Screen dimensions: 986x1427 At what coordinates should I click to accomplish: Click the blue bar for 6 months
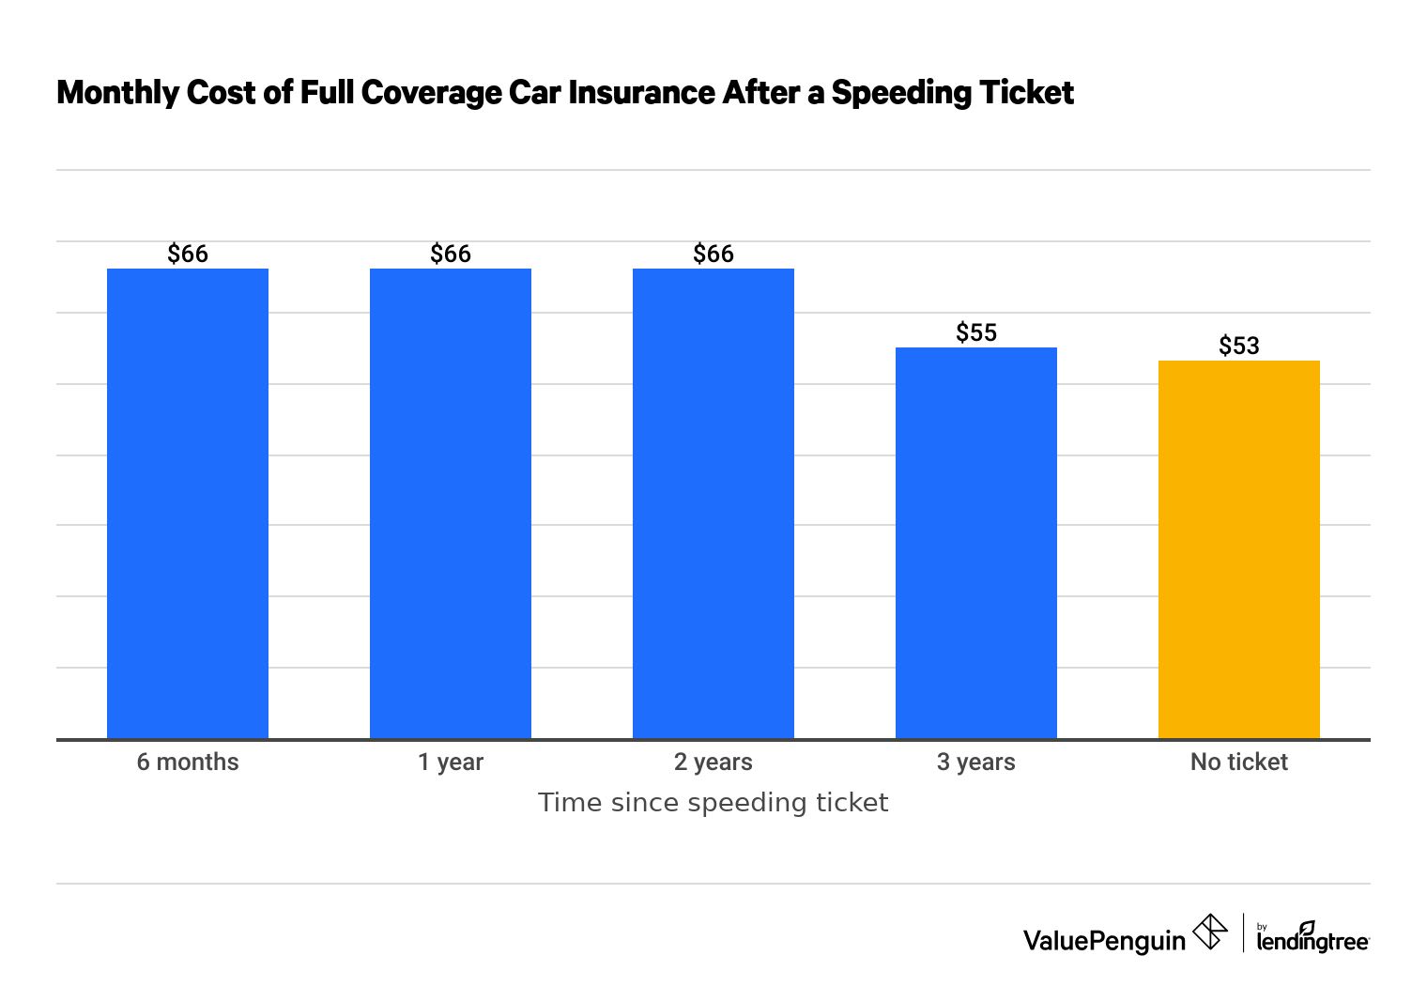click(188, 503)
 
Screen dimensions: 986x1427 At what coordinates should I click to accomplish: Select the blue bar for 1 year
click(451, 503)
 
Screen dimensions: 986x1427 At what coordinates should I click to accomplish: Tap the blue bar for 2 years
click(713, 503)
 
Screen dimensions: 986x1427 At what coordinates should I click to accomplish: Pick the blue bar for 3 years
click(976, 543)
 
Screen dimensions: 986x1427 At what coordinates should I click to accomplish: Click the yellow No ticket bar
click(1239, 549)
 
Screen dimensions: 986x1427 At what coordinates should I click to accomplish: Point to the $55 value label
click(976, 332)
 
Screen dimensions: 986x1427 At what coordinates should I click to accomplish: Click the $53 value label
click(1239, 346)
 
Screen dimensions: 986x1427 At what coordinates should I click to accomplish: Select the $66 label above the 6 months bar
click(188, 254)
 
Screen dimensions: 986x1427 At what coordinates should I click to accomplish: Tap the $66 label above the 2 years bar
click(713, 254)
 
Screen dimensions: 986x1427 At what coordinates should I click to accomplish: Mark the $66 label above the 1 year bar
click(451, 254)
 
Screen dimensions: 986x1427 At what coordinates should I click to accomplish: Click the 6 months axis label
click(188, 762)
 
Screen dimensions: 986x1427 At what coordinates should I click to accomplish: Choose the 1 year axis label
click(451, 762)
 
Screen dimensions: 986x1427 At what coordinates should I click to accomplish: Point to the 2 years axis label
click(713, 762)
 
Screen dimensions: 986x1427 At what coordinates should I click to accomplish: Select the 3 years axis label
click(976, 762)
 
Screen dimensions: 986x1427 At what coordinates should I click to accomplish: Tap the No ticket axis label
click(1239, 762)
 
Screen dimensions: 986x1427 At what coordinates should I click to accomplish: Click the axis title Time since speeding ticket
click(713, 803)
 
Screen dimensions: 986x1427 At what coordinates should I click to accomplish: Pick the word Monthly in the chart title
click(118, 92)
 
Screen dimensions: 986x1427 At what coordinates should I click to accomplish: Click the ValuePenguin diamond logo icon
click(1210, 932)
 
